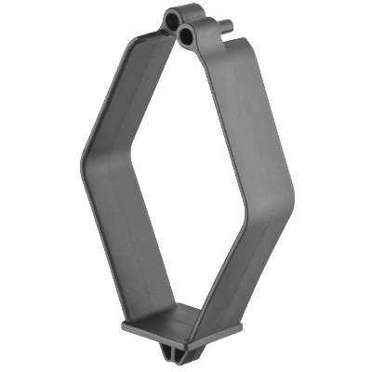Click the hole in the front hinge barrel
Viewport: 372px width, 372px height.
click(189, 35)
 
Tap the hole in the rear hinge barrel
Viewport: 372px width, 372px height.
click(174, 18)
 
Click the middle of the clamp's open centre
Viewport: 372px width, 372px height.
click(186, 177)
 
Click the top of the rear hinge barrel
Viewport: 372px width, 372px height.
click(173, 10)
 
